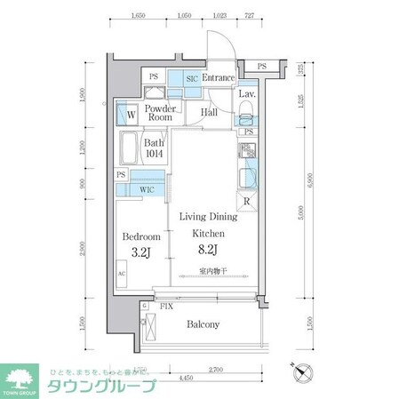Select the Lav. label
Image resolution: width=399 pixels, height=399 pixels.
247,93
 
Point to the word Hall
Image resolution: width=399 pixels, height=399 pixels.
210,113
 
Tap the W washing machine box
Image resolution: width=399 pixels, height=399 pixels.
130,114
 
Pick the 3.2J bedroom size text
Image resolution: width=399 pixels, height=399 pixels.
141,252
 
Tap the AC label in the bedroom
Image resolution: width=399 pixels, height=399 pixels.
121,275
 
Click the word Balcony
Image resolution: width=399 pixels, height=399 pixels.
203,324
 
